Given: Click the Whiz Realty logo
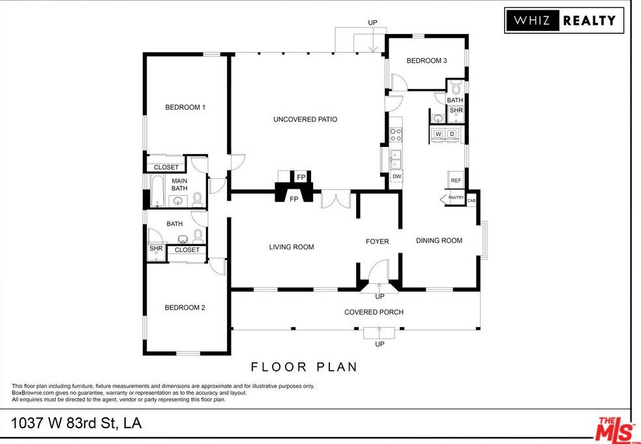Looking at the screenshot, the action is click(564, 20).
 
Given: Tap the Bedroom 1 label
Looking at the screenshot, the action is click(185, 107).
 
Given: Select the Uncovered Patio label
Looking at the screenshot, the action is click(305, 119).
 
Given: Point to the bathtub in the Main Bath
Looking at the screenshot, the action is click(157, 191).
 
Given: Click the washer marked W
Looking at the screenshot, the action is click(438, 134).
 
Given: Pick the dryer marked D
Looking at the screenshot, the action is click(452, 134).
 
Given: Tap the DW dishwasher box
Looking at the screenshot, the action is click(396, 176).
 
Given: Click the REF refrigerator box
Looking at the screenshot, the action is click(456, 180).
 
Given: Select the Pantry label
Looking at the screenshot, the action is click(456, 198).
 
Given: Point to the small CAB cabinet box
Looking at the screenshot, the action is click(471, 200).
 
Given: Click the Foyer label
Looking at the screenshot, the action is click(378, 242).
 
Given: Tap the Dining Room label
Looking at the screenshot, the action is click(439, 241).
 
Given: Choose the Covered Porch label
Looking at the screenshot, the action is click(374, 312).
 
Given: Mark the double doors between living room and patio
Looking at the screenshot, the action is click(336, 199).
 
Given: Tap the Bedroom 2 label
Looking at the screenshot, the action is click(185, 308).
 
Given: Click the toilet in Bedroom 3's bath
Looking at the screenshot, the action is click(456, 87).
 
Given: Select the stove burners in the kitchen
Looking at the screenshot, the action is click(396, 135).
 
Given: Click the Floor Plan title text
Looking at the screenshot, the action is click(304, 367).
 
